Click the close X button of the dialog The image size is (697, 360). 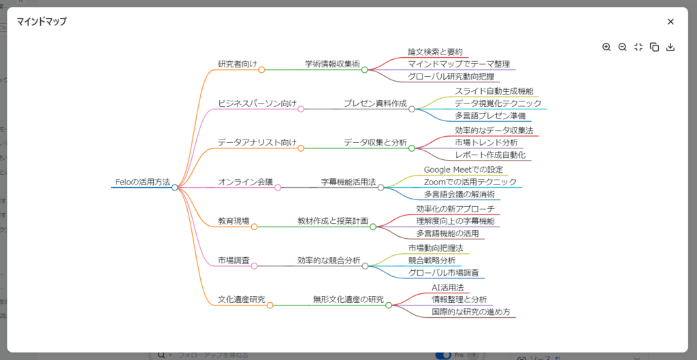670,22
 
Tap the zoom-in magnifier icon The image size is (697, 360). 606,47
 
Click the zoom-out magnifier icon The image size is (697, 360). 622,47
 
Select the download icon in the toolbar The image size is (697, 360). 670,47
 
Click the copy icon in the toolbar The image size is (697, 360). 654,47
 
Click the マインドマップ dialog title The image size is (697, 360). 42,21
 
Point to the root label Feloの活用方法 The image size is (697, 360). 143,182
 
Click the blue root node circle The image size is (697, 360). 175,188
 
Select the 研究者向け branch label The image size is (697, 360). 238,63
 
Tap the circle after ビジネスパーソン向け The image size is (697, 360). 300,109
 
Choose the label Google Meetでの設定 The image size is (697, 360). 463,169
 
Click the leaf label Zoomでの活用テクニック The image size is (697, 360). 470,182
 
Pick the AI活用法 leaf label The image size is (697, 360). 448,288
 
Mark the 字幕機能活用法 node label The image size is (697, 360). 348,182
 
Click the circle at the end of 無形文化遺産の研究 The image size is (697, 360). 389,306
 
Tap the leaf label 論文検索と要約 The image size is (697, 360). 436,52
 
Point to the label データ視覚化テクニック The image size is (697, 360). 498,103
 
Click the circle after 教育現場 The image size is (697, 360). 255,227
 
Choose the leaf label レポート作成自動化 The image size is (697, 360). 490,154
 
